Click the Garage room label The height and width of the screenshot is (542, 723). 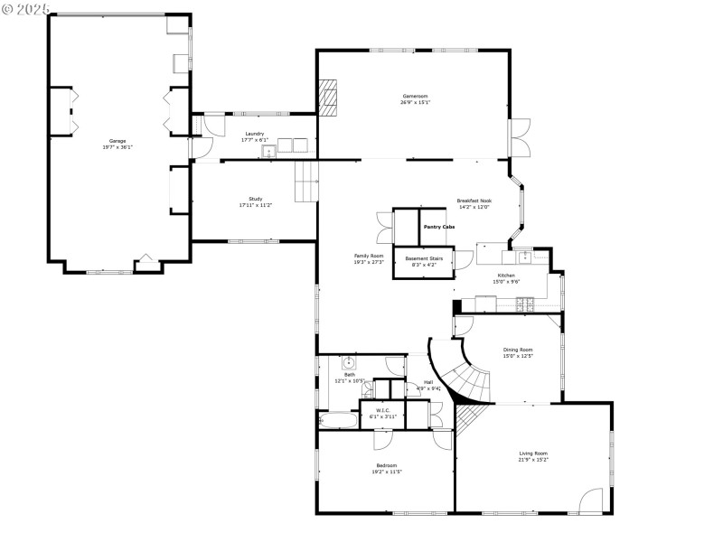(x=117, y=141)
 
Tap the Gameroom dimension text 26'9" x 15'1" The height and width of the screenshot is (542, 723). (x=415, y=103)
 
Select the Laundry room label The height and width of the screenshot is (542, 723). (x=255, y=134)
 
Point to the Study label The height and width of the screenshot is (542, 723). (x=256, y=199)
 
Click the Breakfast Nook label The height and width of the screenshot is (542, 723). (x=474, y=201)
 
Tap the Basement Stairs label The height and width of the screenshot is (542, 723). (x=424, y=258)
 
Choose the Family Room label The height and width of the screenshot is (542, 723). (x=369, y=256)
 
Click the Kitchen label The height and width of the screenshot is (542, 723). (x=506, y=275)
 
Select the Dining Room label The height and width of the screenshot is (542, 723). (x=518, y=350)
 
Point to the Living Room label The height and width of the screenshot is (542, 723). (x=533, y=453)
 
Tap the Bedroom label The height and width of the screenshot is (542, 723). (x=388, y=465)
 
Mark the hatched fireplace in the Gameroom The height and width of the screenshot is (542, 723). (x=328, y=98)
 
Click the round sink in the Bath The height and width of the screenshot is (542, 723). (x=348, y=363)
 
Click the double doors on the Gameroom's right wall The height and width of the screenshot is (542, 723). (x=521, y=140)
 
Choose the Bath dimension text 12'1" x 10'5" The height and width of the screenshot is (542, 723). (x=349, y=380)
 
